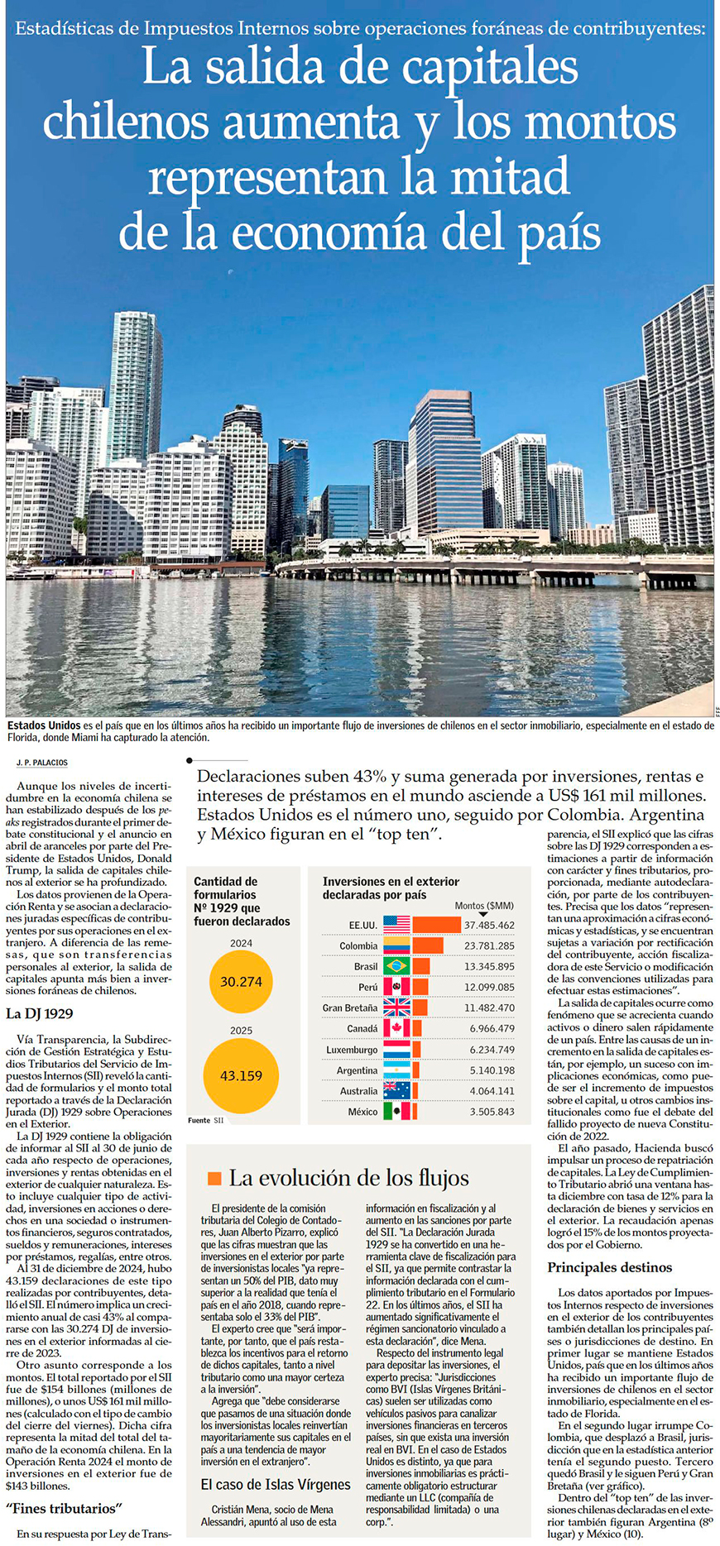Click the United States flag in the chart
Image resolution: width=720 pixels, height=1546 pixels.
(x=396, y=925)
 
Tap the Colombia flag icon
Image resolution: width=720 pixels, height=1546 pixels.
(x=396, y=945)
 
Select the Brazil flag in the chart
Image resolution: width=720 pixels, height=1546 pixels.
(x=396, y=966)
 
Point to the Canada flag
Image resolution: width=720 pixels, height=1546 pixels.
(x=396, y=1028)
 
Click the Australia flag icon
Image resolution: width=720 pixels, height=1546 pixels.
(x=396, y=1091)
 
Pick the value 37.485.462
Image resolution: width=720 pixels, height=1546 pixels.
(x=489, y=925)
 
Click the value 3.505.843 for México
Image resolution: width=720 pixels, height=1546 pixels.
(x=492, y=1112)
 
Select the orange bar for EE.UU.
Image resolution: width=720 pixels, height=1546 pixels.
(x=436, y=925)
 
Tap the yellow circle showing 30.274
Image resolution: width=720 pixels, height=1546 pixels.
(x=241, y=982)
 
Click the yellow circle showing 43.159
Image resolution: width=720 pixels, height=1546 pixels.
(x=241, y=1075)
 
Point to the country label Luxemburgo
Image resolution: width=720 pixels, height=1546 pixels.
(x=352, y=1050)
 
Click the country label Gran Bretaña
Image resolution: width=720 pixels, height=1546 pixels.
(x=350, y=1008)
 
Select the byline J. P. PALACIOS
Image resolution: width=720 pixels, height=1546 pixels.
(x=42, y=762)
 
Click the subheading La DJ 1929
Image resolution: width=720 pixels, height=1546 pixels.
(x=40, y=1013)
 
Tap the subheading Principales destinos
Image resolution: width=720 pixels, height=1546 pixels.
(x=609, y=1267)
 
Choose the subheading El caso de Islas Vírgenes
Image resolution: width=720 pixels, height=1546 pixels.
(x=264, y=1485)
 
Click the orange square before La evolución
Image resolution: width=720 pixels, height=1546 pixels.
(x=214, y=1179)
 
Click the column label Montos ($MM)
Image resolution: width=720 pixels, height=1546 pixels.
(x=484, y=906)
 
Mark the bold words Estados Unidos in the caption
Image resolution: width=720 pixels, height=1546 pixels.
(x=44, y=725)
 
